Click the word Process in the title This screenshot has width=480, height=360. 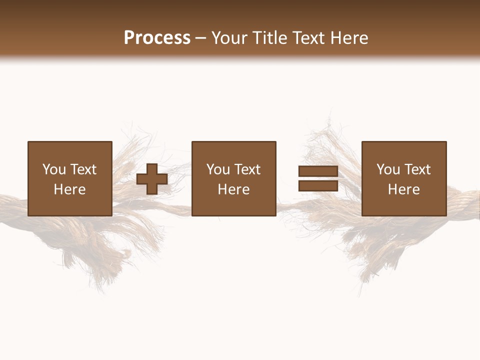(x=157, y=38)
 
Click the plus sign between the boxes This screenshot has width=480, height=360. (x=152, y=179)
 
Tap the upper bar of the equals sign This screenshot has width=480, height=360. (x=318, y=171)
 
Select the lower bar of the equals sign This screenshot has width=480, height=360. (x=318, y=185)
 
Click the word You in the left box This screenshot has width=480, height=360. (x=54, y=169)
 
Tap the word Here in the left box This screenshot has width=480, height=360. (x=69, y=189)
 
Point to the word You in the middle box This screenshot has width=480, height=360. (x=218, y=169)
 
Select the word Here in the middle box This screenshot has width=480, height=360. (x=233, y=189)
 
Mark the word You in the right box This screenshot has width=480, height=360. (x=388, y=169)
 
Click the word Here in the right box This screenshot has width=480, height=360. (x=403, y=189)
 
